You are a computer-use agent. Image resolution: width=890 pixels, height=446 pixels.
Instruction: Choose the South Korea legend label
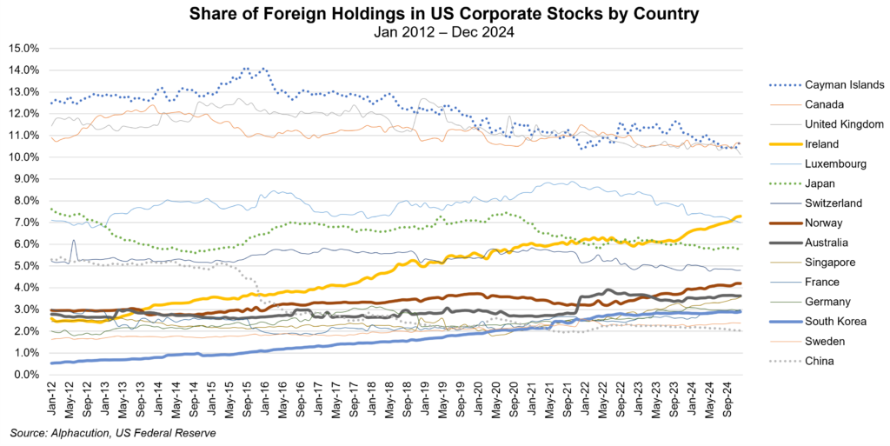click(x=830, y=321)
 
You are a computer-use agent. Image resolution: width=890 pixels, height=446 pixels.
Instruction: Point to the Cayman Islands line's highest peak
click(x=246, y=68)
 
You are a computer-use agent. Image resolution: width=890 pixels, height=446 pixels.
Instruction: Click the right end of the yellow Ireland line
click(x=740, y=216)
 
